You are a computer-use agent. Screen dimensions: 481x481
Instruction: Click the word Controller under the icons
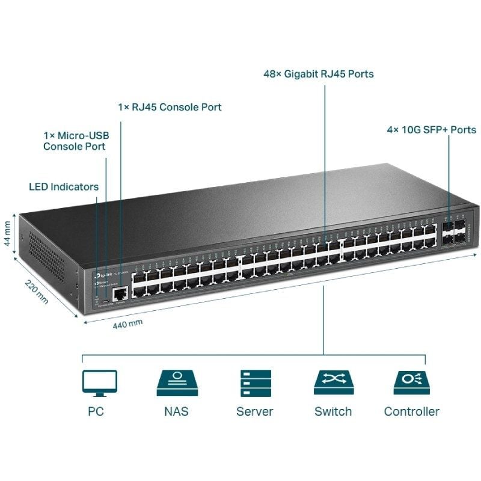[411, 412]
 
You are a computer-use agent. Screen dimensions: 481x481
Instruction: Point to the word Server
[254, 412]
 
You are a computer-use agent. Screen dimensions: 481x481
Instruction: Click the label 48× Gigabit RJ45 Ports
[319, 75]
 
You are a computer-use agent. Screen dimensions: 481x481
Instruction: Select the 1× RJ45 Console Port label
[170, 108]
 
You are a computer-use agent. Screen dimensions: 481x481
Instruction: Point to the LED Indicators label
[64, 187]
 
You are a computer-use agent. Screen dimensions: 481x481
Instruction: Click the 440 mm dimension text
[127, 323]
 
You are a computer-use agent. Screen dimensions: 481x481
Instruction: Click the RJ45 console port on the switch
[121, 293]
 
